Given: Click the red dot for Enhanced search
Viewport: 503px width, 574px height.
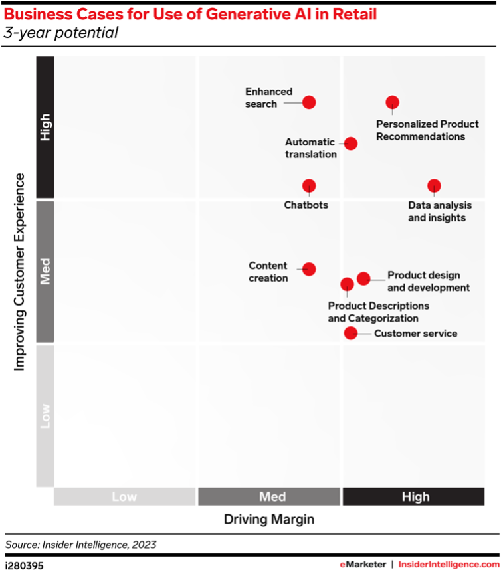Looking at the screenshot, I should (309, 102).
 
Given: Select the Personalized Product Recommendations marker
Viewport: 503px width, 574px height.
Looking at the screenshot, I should (393, 102).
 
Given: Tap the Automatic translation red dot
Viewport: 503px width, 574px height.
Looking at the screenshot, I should (351, 143).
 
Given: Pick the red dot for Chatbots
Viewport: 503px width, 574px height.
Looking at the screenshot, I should (309, 186).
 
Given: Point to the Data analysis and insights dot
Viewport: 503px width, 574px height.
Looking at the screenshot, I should (434, 186).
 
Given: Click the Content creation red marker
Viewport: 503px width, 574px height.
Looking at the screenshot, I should (309, 269).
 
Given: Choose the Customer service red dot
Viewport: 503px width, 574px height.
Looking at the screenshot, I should (350, 333).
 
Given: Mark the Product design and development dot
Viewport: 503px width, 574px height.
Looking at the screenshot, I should (363, 278).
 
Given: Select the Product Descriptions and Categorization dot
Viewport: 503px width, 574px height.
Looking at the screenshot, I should (347, 284).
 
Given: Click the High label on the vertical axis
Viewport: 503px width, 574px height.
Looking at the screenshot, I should (45, 127).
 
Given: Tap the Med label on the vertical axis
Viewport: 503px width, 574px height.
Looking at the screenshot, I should (45, 271).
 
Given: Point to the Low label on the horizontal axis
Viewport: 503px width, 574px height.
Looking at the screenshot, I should (125, 497).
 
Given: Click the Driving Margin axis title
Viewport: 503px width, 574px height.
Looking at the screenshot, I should (269, 518).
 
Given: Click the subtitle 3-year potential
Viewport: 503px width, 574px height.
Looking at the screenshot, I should (61, 33).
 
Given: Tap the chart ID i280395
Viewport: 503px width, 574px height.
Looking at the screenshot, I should (25, 564).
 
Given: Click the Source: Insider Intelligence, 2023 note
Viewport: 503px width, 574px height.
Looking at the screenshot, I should (81, 545).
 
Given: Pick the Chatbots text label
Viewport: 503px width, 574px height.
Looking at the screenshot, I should (306, 205).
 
